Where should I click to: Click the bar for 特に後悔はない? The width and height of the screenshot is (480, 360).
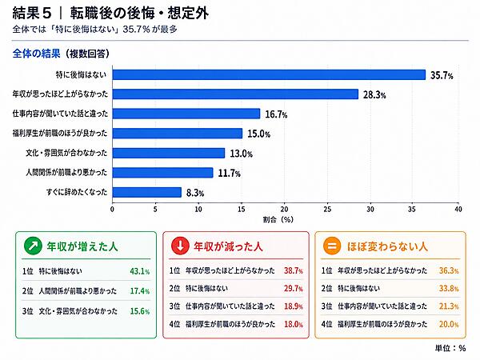tap(269, 74)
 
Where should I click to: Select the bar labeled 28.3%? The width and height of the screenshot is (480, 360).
tap(235, 94)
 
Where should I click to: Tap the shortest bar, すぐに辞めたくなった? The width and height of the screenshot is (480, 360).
tap(147, 192)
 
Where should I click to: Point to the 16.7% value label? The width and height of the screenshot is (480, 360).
tap(276, 114)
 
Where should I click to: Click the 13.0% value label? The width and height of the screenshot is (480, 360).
tap(242, 154)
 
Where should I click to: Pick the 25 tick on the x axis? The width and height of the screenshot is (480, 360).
tap(327, 209)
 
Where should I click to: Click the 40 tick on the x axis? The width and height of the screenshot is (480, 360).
tap(458, 209)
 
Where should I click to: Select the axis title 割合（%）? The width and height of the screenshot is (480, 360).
tap(278, 219)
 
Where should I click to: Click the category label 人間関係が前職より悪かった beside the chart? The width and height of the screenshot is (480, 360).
tap(66, 172)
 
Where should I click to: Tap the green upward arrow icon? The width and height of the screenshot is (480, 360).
tap(33, 246)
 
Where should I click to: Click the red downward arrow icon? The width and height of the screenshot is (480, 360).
tap(180, 246)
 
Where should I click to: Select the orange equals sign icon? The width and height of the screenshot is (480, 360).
tap(332, 246)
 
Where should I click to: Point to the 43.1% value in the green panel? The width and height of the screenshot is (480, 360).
tap(140, 271)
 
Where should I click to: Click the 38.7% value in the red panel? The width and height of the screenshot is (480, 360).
tap(294, 270)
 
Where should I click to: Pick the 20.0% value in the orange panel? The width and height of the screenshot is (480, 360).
tap(449, 324)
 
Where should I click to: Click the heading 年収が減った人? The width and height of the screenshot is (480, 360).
tap(228, 246)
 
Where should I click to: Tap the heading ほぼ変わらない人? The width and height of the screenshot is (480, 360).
tap(387, 246)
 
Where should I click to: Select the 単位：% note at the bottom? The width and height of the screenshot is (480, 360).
tap(450, 348)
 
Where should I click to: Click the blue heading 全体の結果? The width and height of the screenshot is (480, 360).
tap(37, 54)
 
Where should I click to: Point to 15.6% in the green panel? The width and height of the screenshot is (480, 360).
tap(140, 311)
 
